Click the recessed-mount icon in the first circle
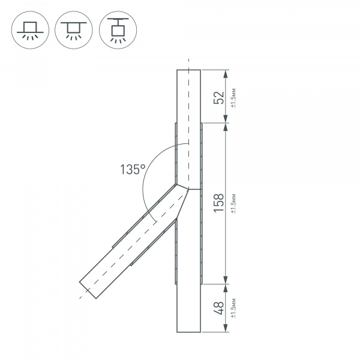(28, 28)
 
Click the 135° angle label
(133, 169)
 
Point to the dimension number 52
(220, 97)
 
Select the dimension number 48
(220, 307)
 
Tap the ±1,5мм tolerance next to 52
(233, 97)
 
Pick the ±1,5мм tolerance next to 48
(233, 307)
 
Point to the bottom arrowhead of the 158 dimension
(226, 278)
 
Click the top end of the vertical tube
(189, 70)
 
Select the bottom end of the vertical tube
(189, 331)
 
